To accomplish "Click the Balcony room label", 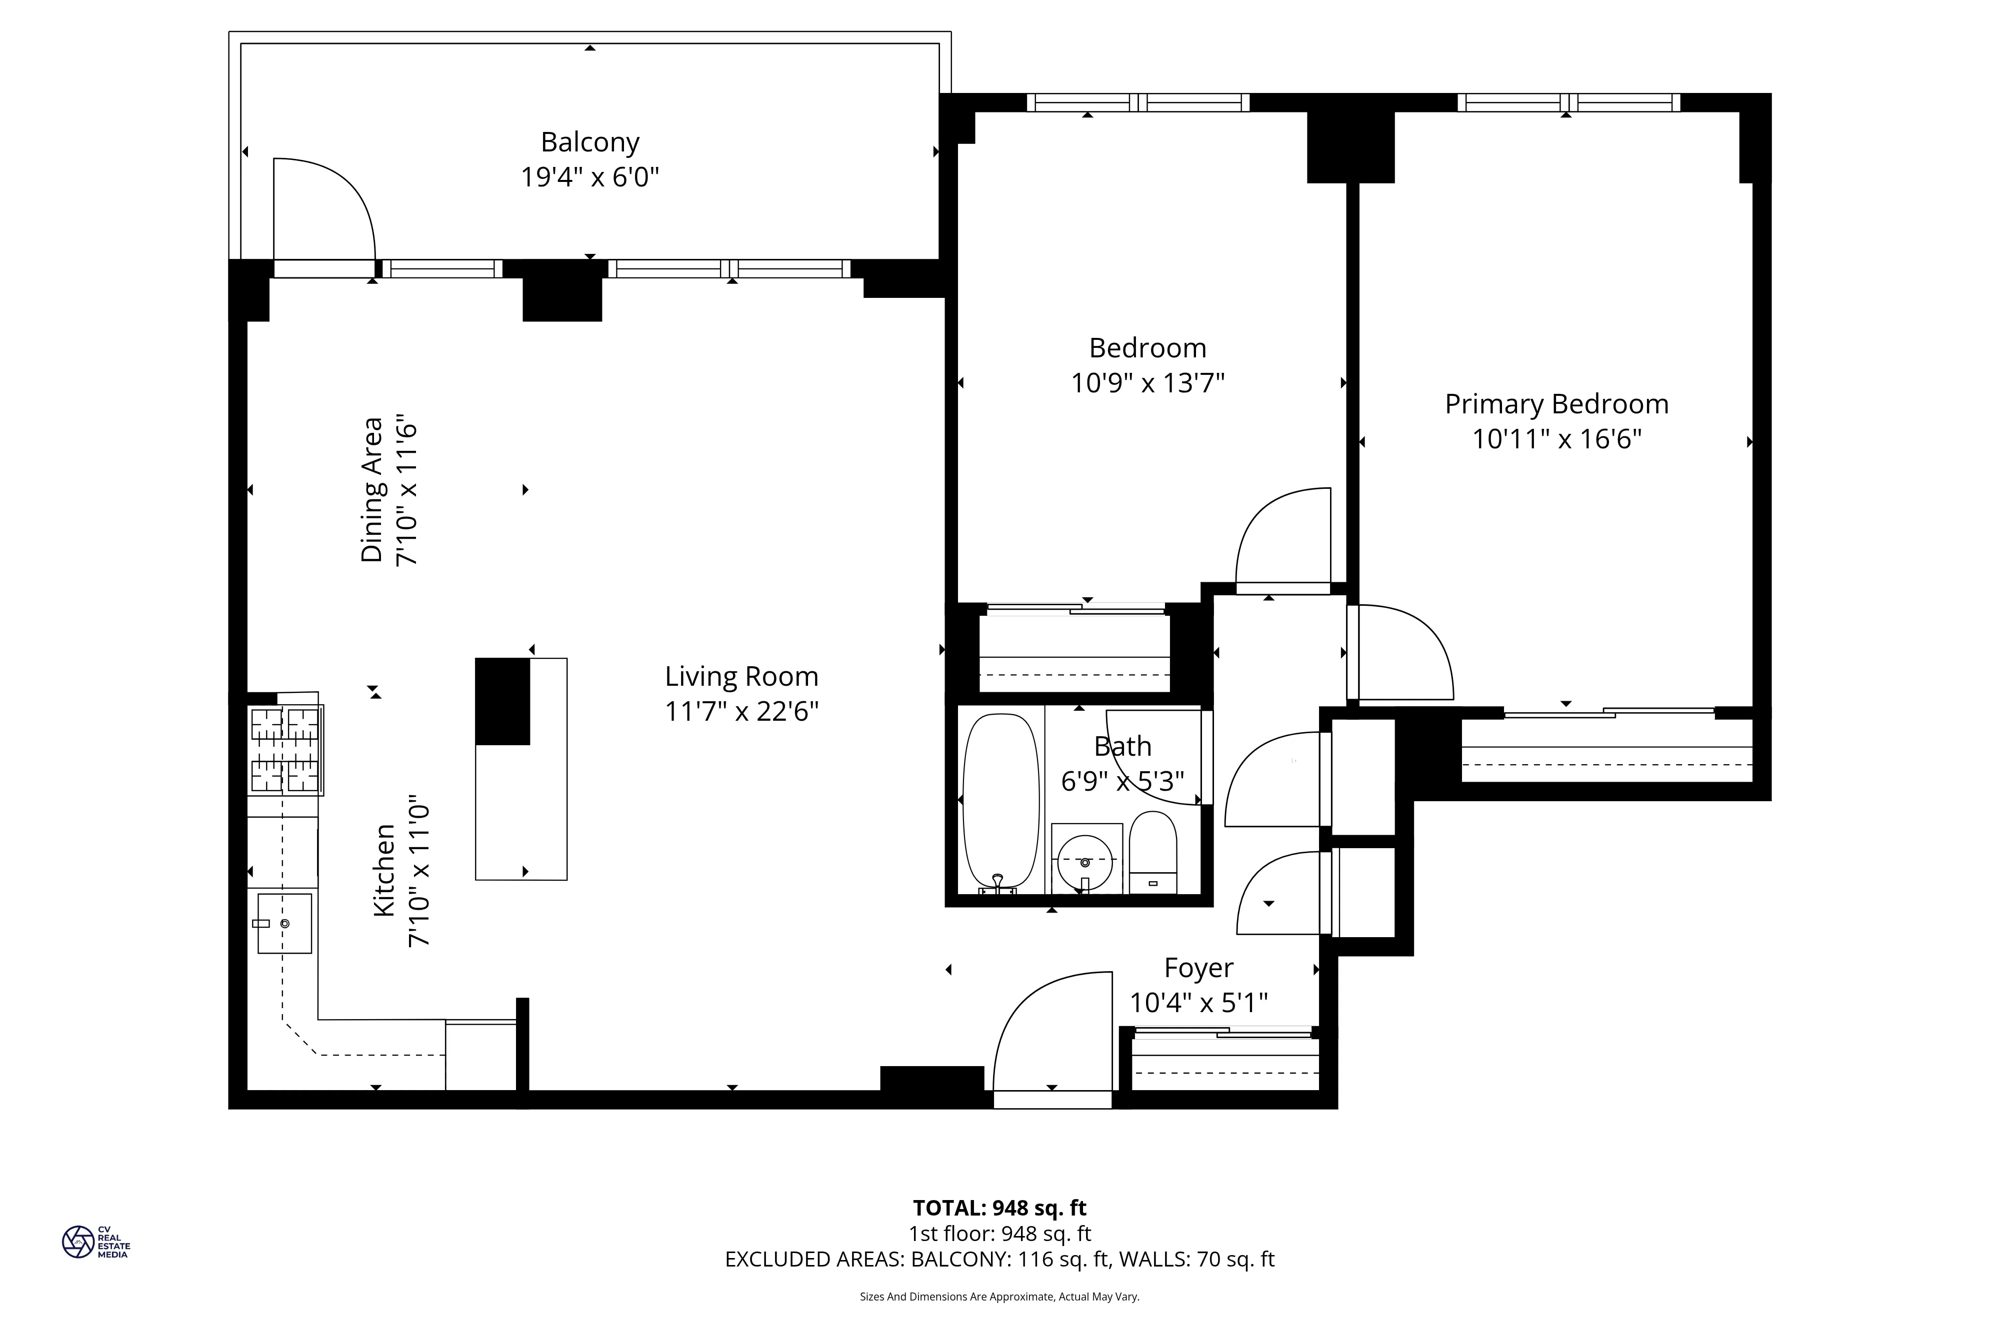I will pyautogui.click(x=589, y=142).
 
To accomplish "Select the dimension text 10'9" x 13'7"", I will pyautogui.click(x=1147, y=383).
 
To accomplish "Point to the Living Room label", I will pyautogui.click(x=741, y=677).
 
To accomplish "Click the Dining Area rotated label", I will pyautogui.click(x=372, y=490).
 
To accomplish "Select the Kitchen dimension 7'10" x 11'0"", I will pyautogui.click(x=418, y=871).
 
